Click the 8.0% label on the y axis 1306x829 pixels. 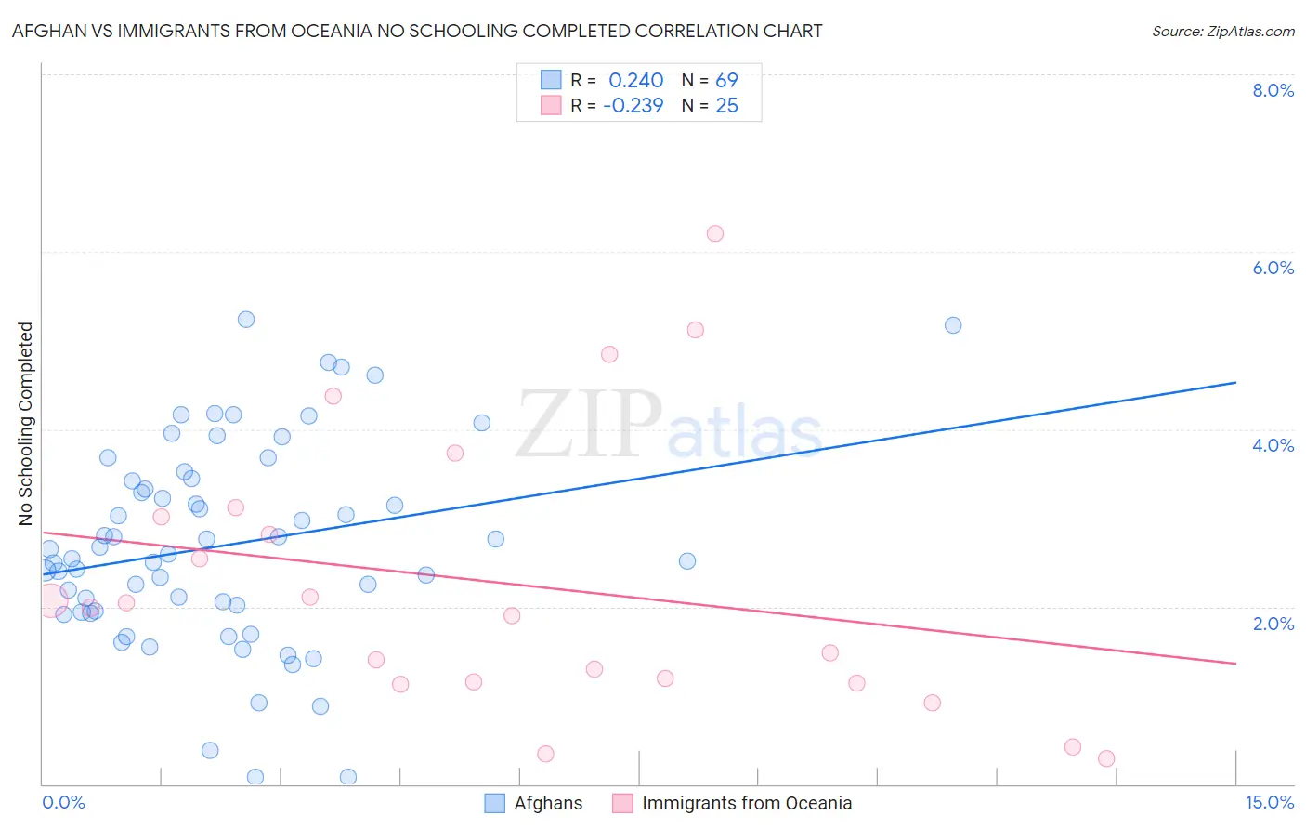pos(1273,90)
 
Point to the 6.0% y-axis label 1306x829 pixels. pos(1273,268)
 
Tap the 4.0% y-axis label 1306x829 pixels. pos(1273,445)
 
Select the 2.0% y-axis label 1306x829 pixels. pos(1273,624)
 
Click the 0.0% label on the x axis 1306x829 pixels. pos(63,802)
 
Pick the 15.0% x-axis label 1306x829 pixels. pos(1269,802)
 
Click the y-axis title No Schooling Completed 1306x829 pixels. pos(25,424)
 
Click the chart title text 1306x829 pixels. pos(417,31)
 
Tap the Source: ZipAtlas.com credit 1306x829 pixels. pos(1222,31)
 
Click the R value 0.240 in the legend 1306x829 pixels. pos(635,81)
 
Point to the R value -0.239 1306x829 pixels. pos(633,106)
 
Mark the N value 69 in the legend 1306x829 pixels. pos(726,81)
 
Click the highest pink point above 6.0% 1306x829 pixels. pos(714,233)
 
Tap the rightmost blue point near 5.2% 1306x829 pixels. pos(953,325)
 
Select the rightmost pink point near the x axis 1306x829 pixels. pos(1106,758)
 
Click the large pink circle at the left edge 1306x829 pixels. pos(52,601)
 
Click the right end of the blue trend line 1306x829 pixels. pos(1235,382)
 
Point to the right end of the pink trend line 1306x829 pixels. pos(1235,663)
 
